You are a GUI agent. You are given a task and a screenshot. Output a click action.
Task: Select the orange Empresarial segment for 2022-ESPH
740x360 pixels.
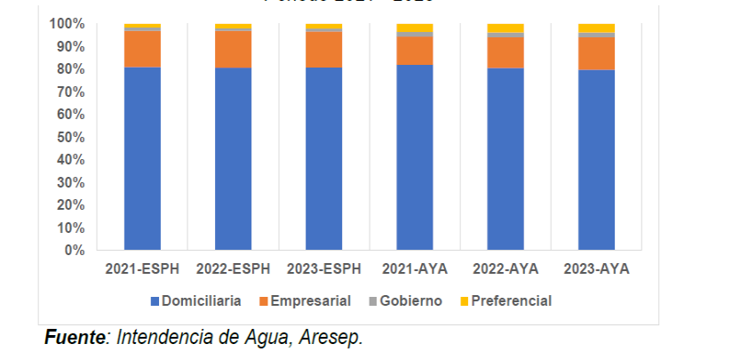click(x=233, y=50)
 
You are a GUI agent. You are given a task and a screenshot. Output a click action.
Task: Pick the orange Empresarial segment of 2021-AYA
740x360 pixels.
click(x=415, y=51)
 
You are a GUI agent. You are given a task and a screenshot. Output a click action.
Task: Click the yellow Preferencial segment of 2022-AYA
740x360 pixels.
click(x=505, y=28)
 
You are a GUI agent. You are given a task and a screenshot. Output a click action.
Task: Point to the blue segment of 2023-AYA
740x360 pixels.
click(x=596, y=160)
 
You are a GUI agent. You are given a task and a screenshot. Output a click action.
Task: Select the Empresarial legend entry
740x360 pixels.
click(x=306, y=300)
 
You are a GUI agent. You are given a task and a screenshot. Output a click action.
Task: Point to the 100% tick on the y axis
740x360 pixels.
click(x=67, y=23)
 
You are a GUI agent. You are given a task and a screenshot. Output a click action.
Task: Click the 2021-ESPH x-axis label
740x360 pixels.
click(x=142, y=268)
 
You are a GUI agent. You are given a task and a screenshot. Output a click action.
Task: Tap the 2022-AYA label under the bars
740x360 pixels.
click(x=505, y=268)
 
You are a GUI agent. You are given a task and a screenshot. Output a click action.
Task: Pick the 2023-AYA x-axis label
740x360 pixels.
click(x=596, y=268)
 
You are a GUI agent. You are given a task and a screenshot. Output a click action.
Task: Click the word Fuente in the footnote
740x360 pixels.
click(x=75, y=338)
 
